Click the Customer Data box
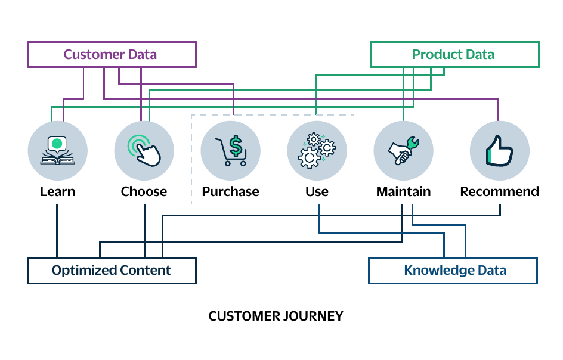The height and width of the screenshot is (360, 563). (111, 55)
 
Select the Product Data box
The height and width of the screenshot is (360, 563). (454, 55)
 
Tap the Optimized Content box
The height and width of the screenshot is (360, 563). (112, 270)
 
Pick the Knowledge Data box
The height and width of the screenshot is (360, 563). (453, 270)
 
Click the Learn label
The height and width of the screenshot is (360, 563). (58, 192)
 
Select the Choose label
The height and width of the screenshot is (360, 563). (144, 192)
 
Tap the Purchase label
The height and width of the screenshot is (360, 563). (230, 192)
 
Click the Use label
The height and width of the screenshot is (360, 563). (317, 192)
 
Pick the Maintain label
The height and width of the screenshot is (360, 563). (403, 192)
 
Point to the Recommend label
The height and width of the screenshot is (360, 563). (499, 192)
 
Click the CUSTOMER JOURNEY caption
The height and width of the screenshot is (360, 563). (276, 316)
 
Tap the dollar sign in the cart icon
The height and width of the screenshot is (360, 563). (237, 145)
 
